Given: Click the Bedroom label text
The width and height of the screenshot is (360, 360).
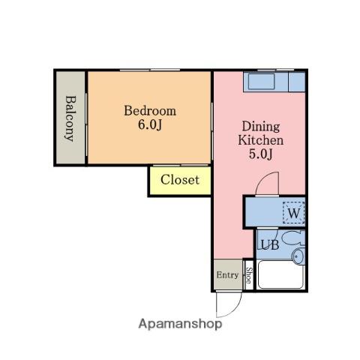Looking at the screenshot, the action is tap(150, 111).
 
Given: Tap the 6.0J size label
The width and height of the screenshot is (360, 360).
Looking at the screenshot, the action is tap(150, 124).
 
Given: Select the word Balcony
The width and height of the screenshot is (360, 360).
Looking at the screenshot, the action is tap(70, 118).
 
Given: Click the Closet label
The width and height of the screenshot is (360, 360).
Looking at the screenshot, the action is tap(180, 180).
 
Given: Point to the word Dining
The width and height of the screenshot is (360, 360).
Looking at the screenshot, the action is tap(261, 127).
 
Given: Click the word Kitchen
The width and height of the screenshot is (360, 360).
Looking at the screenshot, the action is tap(261, 140).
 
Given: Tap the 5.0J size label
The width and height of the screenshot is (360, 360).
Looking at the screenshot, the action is tap(260, 154).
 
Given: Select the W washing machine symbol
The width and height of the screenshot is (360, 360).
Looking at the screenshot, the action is tap(294, 213).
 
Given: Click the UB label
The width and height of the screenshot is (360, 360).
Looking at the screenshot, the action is tap(270, 245).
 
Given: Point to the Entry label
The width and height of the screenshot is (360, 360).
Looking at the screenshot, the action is tap(227, 275).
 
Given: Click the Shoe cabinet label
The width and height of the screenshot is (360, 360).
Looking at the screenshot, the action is tap(249, 275).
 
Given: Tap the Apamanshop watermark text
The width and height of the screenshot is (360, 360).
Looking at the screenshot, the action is tap(180, 324).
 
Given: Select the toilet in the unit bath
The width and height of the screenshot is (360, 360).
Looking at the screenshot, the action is tap(295, 238).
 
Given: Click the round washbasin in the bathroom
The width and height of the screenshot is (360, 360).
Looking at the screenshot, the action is tap(298, 256).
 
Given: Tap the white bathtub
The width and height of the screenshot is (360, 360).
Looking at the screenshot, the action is tap(281, 274).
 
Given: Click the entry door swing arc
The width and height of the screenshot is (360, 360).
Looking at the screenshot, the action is tap(234, 310).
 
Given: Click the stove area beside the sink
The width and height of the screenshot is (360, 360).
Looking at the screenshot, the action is tap(297, 82).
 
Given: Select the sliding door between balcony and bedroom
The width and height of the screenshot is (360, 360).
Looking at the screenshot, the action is tap(86, 124).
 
